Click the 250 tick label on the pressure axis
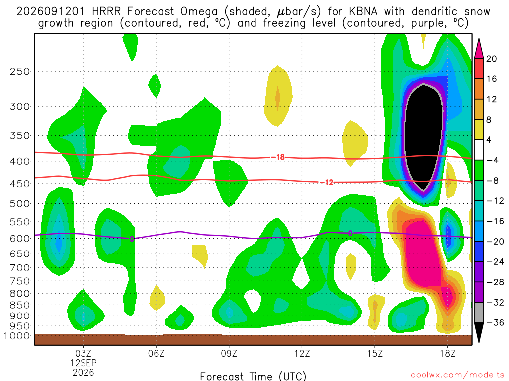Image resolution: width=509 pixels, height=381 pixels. pyautogui.click(x=20, y=71)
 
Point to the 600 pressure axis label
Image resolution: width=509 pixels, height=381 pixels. pyautogui.click(x=20, y=239)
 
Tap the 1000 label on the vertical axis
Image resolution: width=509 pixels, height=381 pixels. pyautogui.click(x=17, y=336)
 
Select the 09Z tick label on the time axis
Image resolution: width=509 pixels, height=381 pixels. pyautogui.click(x=229, y=353)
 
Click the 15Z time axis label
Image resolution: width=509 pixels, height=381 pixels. pyautogui.click(x=375, y=353)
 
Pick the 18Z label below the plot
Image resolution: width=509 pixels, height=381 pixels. pyautogui.click(x=448, y=353)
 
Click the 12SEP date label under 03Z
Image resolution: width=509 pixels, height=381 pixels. pyautogui.click(x=84, y=363)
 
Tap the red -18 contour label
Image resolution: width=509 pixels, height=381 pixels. pyautogui.click(x=278, y=157)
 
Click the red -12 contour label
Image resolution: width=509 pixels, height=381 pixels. pyautogui.click(x=327, y=183)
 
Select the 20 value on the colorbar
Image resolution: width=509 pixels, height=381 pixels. pyautogui.click(x=491, y=59)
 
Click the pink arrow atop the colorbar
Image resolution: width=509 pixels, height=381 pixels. pyautogui.click(x=479, y=49)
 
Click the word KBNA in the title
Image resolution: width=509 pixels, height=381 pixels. pyautogui.click(x=363, y=12)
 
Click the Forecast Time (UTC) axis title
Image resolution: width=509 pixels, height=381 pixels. pyautogui.click(x=253, y=376)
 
